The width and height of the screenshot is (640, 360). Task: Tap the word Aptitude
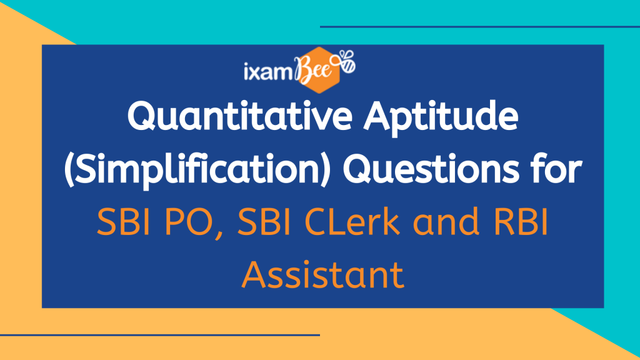(x=441, y=118)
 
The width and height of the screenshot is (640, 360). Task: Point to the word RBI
(x=521, y=222)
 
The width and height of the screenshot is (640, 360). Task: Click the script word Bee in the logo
(x=315, y=69)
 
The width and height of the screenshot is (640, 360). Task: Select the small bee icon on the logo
(x=346, y=62)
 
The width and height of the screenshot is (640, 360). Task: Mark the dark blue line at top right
(x=480, y=27)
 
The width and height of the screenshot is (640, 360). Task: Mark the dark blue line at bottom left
(x=160, y=335)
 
